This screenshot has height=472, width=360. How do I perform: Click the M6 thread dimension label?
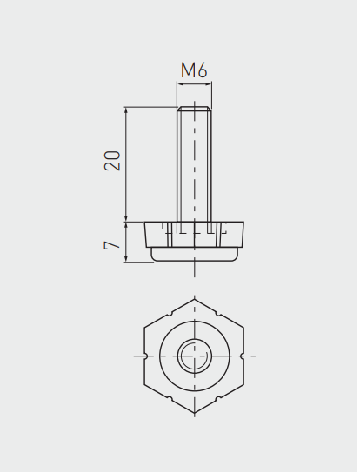194,70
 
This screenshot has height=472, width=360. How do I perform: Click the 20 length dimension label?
112,161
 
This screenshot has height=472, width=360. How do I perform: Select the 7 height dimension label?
112,245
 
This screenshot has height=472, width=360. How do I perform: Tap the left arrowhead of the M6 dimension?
181,84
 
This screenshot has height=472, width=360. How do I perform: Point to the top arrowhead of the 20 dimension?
126,110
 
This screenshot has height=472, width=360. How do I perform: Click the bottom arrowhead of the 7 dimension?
126,258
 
